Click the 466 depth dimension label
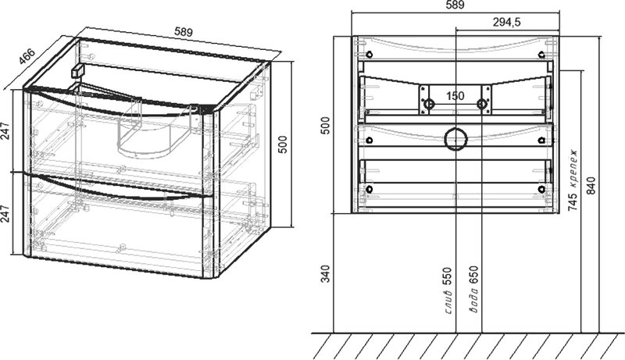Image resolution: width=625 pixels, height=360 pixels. click(27, 56)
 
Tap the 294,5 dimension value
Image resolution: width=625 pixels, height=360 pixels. click(506, 23)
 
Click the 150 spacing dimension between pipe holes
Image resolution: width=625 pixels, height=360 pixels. click(455, 96)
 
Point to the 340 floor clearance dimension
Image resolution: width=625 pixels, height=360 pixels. click(326, 273)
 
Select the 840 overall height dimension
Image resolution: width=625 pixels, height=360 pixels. click(591, 186)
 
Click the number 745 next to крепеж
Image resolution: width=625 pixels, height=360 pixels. click(573, 202)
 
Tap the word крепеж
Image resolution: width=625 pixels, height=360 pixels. click(573, 169)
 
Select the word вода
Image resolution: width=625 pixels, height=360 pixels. click(474, 300)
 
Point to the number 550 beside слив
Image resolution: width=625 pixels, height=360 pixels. click(448, 276)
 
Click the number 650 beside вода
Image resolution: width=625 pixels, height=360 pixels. click(474, 275)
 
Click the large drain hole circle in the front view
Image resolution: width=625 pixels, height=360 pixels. click(455, 139)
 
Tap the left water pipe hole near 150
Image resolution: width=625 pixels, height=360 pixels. click(429, 105)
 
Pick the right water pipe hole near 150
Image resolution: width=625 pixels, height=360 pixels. click(482, 105)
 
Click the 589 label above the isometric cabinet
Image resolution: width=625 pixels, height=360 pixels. click(184, 32)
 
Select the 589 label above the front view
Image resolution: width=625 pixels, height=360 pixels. click(455, 5)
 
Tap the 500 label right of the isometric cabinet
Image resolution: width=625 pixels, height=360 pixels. click(282, 145)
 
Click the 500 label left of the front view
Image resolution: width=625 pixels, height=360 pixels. click(326, 126)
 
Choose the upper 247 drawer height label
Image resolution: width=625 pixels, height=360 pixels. click(5, 130)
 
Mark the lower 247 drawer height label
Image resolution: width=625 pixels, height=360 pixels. click(5, 214)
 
